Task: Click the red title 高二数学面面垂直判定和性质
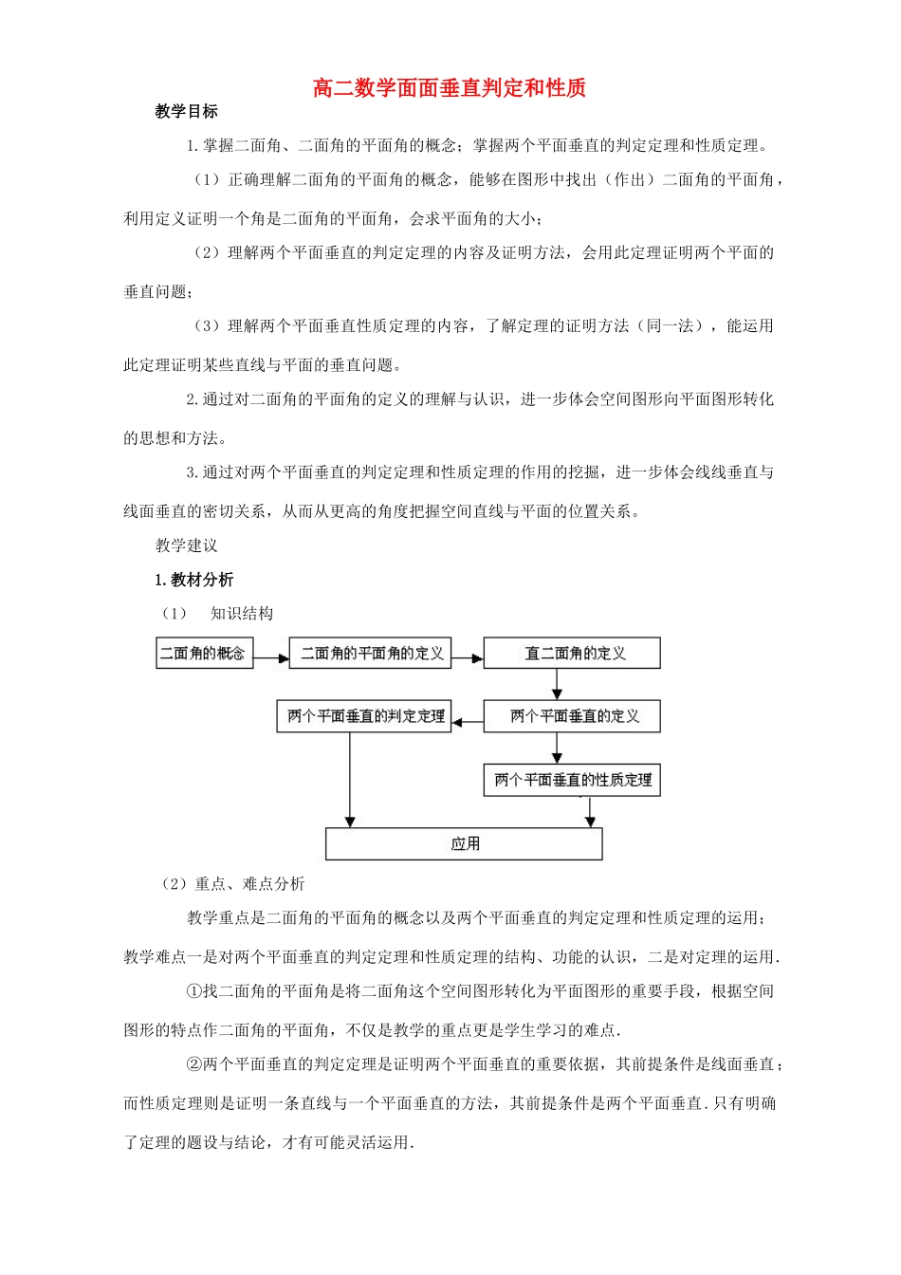(450, 88)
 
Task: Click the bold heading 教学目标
(187, 112)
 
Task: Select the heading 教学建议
(187, 545)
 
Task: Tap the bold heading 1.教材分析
(194, 580)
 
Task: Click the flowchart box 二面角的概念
(204, 654)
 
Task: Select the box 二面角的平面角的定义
(371, 654)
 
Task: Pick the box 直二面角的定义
(572, 654)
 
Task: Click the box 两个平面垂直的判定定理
(365, 716)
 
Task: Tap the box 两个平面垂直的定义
(572, 716)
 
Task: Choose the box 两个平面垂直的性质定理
(572, 780)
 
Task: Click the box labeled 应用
(464, 843)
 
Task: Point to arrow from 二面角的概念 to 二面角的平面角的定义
(271, 656)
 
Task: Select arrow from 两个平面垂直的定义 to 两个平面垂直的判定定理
(468, 722)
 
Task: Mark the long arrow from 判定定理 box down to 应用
(350, 778)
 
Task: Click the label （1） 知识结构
(218, 614)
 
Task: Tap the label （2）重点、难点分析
(233, 884)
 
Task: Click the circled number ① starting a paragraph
(194, 991)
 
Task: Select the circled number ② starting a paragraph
(194, 1064)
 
